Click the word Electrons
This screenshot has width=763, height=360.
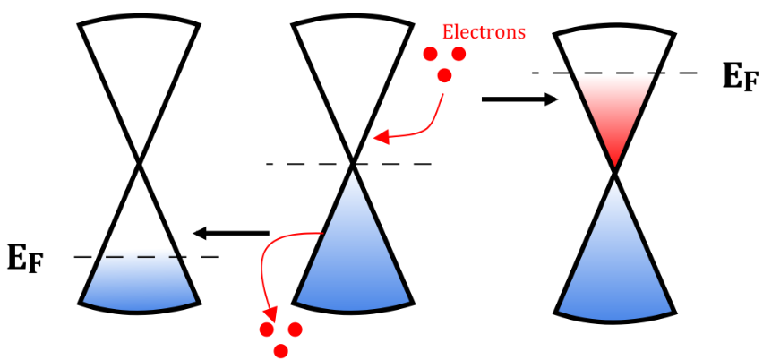click(x=484, y=32)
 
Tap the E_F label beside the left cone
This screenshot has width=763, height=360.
click(x=26, y=258)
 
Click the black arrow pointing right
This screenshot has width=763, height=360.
click(x=519, y=99)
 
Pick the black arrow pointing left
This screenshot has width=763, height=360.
click(x=232, y=234)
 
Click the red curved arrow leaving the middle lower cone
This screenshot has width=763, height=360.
click(x=269, y=269)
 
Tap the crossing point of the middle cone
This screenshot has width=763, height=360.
click(x=353, y=163)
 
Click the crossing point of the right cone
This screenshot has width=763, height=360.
click(x=614, y=172)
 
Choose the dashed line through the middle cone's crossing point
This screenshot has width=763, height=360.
click(x=403, y=163)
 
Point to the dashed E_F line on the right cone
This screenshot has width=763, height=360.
click(x=690, y=73)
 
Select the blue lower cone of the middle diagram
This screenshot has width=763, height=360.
click(x=353, y=260)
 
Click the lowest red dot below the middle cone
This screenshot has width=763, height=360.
click(x=281, y=350)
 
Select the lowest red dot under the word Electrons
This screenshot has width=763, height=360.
click(x=443, y=75)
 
